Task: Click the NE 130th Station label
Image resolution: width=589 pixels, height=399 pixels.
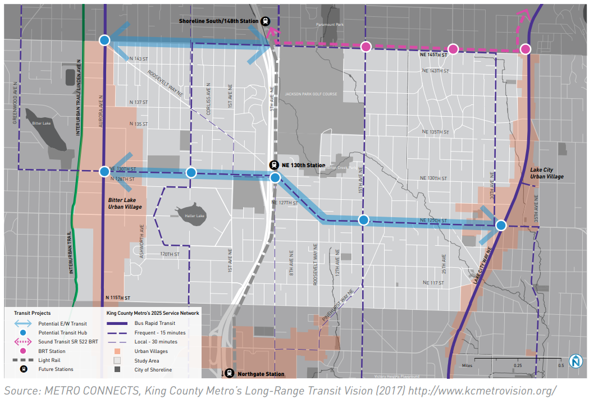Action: tap(304, 165)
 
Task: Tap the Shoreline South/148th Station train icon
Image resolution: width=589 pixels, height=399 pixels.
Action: tap(266, 21)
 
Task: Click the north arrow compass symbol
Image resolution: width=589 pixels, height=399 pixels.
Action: tap(575, 361)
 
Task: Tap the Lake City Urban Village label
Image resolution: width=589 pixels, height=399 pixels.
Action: tap(547, 173)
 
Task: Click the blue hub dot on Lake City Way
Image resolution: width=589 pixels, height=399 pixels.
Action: tap(501, 225)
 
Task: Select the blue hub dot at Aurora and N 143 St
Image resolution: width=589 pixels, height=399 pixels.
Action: tap(104, 40)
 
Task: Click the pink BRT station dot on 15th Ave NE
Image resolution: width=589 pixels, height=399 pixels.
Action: tap(366, 47)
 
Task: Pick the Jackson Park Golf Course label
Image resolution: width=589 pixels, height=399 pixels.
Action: tap(311, 94)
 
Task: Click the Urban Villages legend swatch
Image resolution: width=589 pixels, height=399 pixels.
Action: tap(118, 351)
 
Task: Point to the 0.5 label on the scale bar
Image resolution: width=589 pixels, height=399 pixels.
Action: tap(560, 365)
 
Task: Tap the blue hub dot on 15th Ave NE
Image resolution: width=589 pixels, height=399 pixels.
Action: tap(363, 220)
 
